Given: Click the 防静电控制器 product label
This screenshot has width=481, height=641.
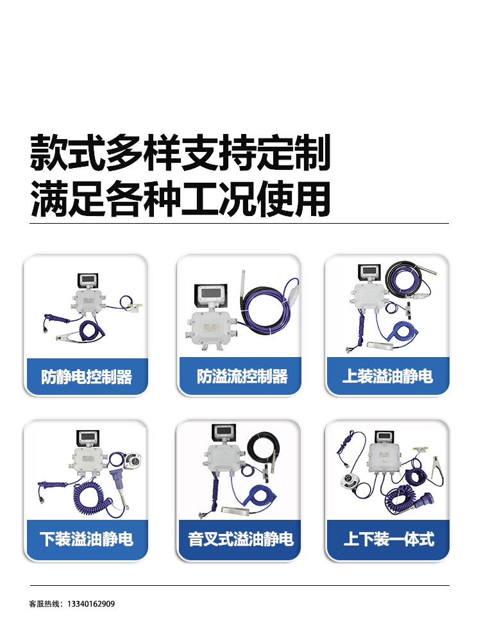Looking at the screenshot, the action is coord(87,376).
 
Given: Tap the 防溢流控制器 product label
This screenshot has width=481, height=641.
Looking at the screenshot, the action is coord(242,376).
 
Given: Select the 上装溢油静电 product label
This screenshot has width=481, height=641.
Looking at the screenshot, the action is coord(387,376).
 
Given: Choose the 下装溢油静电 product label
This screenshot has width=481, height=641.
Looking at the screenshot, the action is coord(87,539).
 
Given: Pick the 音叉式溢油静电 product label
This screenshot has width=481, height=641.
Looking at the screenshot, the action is coord(240,539).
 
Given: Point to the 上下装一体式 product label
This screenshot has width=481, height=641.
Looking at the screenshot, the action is coord(389,539).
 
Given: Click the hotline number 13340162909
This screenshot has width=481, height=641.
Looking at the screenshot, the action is coord(91,604).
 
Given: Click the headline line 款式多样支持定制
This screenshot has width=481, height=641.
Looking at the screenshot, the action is coord(180,153).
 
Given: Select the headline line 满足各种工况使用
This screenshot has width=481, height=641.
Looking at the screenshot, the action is coord(180,199).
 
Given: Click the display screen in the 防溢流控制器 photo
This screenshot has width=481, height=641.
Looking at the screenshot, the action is coord(212,294).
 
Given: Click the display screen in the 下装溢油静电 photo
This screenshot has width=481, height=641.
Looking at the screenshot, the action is coord(89,438).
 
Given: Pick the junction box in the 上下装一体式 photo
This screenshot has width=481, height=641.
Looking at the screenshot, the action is coord(384,457).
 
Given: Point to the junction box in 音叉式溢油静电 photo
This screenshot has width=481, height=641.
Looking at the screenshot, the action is coord(225,458).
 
